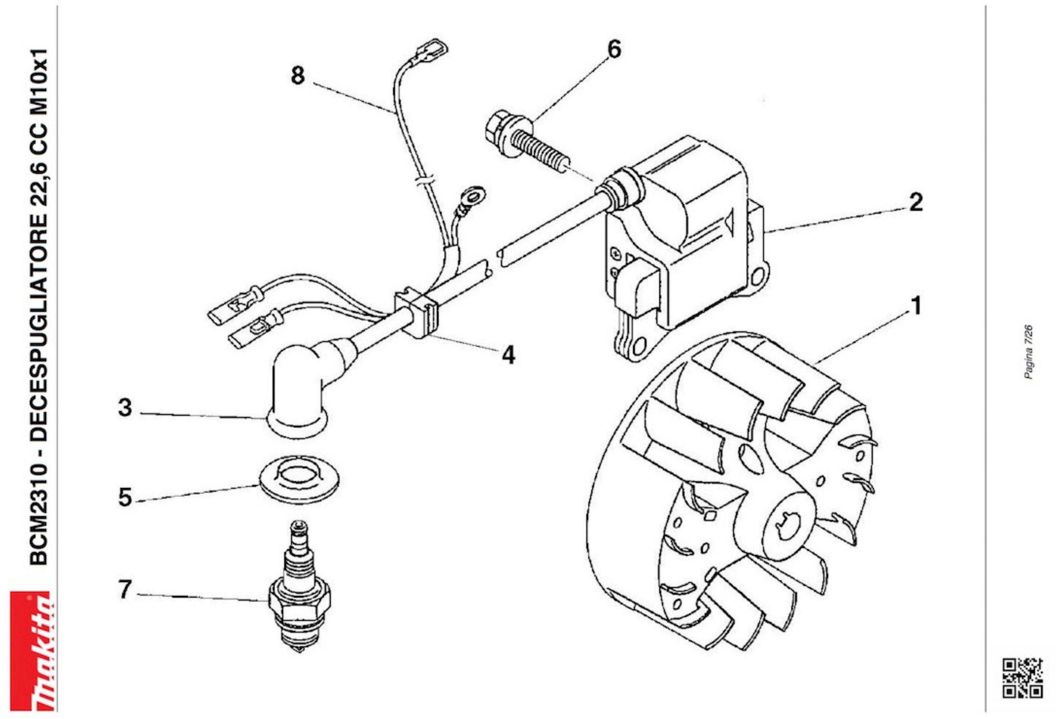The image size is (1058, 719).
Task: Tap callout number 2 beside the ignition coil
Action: tap(916, 202)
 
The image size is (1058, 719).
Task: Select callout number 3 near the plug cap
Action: tap(125, 408)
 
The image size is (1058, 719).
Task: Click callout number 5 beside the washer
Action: tap(125, 497)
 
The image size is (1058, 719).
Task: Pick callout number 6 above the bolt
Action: tap(614, 49)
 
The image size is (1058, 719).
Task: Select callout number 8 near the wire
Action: tap(298, 75)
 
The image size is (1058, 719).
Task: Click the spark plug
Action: tap(299, 587)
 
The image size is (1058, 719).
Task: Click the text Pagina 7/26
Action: tap(1028, 352)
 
